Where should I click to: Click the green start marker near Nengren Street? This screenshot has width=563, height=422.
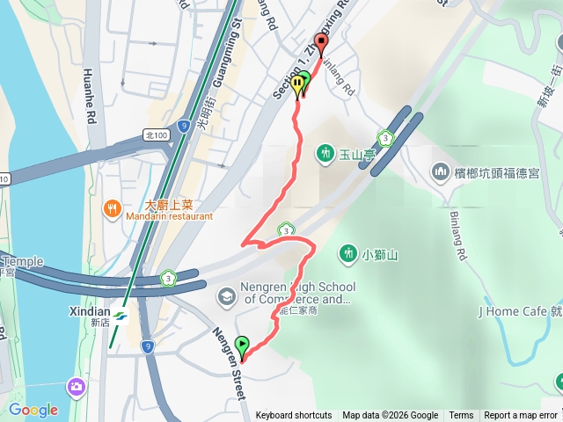[x=243, y=346]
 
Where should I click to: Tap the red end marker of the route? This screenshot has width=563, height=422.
[x=321, y=44]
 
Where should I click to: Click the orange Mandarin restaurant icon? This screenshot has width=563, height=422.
[x=113, y=208]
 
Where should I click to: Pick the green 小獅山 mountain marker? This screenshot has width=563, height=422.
[x=348, y=255]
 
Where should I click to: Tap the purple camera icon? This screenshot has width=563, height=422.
[x=77, y=386]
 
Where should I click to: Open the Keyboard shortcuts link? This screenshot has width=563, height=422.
[x=294, y=416]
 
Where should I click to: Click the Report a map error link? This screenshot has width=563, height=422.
[x=521, y=416]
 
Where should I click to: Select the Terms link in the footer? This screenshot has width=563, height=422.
[x=461, y=416]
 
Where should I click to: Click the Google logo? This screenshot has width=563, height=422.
[x=33, y=410]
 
